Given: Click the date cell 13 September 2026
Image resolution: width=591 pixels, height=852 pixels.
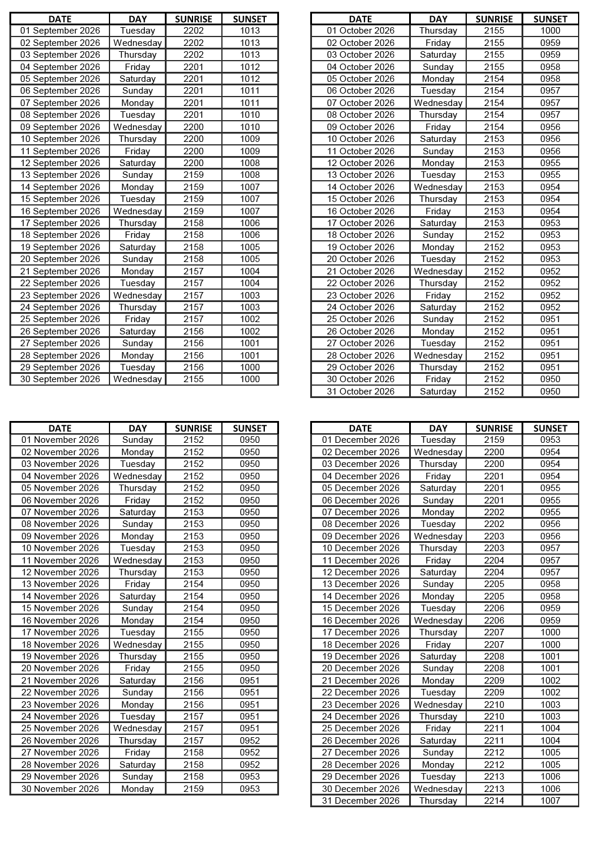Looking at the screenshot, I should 60,175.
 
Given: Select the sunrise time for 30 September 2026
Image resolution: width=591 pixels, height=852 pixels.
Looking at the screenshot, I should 194,379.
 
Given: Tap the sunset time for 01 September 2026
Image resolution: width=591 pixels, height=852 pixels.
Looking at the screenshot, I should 250,31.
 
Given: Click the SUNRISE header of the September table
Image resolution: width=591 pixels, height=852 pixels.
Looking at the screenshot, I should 194,19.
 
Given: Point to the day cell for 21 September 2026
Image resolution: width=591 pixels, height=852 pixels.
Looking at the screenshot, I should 138,271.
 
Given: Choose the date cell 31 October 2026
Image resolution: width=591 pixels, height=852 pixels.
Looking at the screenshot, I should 360,392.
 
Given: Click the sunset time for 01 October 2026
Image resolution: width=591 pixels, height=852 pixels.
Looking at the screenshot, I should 550,31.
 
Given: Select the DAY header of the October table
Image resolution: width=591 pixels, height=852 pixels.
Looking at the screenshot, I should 438,19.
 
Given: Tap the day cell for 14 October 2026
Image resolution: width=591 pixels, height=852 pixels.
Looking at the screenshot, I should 438,187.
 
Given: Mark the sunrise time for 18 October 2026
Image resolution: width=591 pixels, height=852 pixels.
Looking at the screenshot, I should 494,235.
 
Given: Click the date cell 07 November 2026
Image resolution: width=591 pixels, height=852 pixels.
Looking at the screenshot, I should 60,512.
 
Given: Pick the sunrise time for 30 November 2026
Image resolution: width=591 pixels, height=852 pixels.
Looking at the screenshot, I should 194,789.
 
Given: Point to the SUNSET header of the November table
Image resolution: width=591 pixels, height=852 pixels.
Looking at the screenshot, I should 250,429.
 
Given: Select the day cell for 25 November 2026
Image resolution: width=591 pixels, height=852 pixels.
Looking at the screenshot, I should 138,728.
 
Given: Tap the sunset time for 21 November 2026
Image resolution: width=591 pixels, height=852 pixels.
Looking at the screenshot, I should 250,681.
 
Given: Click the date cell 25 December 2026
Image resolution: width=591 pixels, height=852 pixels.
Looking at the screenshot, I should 360,728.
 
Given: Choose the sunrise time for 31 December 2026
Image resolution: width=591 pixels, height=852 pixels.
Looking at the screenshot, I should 494,801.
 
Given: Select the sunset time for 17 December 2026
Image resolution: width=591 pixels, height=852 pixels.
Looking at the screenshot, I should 550,632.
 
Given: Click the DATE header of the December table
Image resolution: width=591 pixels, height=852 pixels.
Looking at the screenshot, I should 360,429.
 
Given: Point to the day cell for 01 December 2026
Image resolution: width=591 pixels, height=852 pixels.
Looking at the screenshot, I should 438,440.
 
